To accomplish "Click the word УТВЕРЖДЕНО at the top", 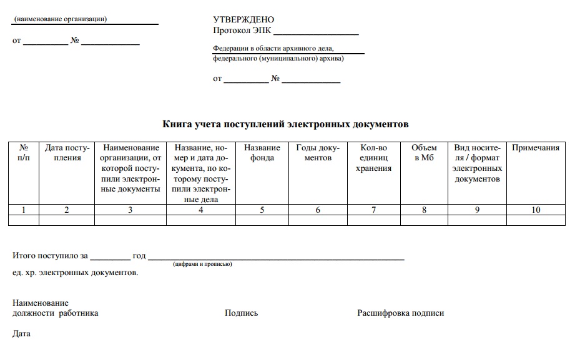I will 243,20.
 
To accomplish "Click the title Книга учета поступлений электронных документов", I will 286,124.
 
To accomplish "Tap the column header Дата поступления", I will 67,153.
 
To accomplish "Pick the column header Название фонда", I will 262,153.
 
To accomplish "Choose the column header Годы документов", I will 318,153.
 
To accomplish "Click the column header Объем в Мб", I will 424,153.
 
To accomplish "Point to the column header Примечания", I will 536,148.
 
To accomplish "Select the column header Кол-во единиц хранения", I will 373,158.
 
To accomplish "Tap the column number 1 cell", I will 24,210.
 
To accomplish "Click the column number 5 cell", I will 262,210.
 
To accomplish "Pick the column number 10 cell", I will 536,210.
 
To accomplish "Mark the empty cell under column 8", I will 424,220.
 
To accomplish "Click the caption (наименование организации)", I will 61,19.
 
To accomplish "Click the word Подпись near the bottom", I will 241,313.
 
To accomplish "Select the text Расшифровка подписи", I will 400,313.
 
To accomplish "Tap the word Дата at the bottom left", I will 21,334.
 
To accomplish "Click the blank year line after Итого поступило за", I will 110,257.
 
